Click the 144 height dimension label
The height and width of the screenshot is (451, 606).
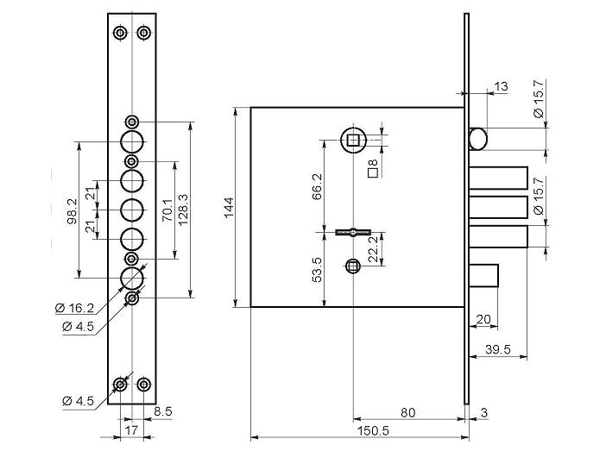pos(229,208)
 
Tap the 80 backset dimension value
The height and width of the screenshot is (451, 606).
pos(407,413)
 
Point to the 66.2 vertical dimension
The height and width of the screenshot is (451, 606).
pos(317,186)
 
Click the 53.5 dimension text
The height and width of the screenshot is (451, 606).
pos(317,270)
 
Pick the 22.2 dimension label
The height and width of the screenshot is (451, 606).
pos(373,249)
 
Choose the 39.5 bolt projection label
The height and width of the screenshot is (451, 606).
pos(498,349)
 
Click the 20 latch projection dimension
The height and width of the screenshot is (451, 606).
pos(483,319)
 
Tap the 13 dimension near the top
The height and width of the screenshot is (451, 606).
pos(501,86)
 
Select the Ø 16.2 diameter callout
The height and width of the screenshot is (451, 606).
pos(74,308)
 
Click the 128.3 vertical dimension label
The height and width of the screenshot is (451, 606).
pos(183,210)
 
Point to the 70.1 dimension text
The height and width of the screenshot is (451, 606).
pos(167,210)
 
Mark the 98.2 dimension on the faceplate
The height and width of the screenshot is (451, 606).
pos(73,210)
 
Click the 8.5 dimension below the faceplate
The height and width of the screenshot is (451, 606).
pos(162,411)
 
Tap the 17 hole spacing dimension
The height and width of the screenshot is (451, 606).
pos(131,430)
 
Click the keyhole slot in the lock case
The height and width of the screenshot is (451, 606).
pos(353,232)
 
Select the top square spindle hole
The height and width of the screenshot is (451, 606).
pos(353,140)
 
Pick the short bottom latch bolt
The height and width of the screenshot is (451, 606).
pos(483,276)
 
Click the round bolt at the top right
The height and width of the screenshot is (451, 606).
pos(478,139)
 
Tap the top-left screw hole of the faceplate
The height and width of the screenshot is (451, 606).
pos(120,33)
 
